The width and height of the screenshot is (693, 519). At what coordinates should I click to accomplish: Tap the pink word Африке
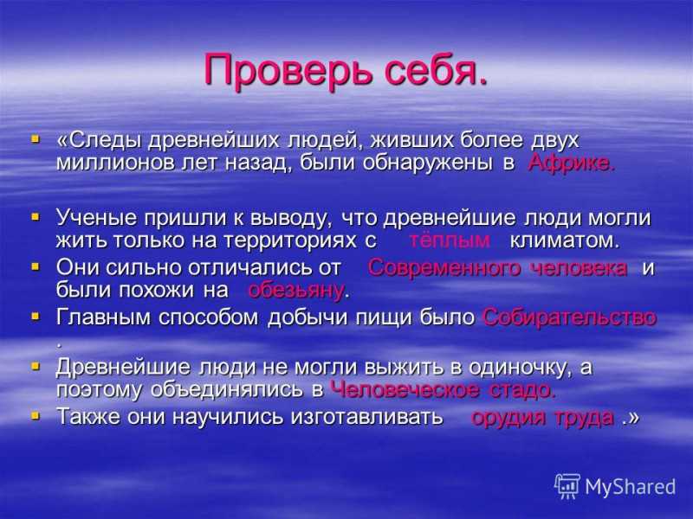571,163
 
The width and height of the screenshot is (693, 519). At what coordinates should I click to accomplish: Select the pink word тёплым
449,240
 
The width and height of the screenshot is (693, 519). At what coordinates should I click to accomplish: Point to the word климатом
565,241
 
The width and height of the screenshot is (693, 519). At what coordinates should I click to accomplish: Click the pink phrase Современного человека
497,268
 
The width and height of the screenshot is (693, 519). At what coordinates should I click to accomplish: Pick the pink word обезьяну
296,291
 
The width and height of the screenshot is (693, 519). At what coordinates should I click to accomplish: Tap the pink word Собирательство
570,317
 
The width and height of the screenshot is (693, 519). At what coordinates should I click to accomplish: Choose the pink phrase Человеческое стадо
443,389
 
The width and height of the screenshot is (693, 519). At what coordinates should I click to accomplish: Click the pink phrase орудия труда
543,417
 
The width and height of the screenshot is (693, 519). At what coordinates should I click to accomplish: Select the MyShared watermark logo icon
567,486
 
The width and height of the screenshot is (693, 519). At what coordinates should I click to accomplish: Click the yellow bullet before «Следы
36,139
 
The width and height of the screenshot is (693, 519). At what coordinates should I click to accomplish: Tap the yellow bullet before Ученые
36,217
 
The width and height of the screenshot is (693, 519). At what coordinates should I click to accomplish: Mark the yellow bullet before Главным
36,317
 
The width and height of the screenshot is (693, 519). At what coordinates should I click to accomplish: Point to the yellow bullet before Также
36,416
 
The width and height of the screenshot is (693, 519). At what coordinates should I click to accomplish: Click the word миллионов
115,163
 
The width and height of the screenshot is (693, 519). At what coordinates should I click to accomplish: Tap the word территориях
290,241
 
